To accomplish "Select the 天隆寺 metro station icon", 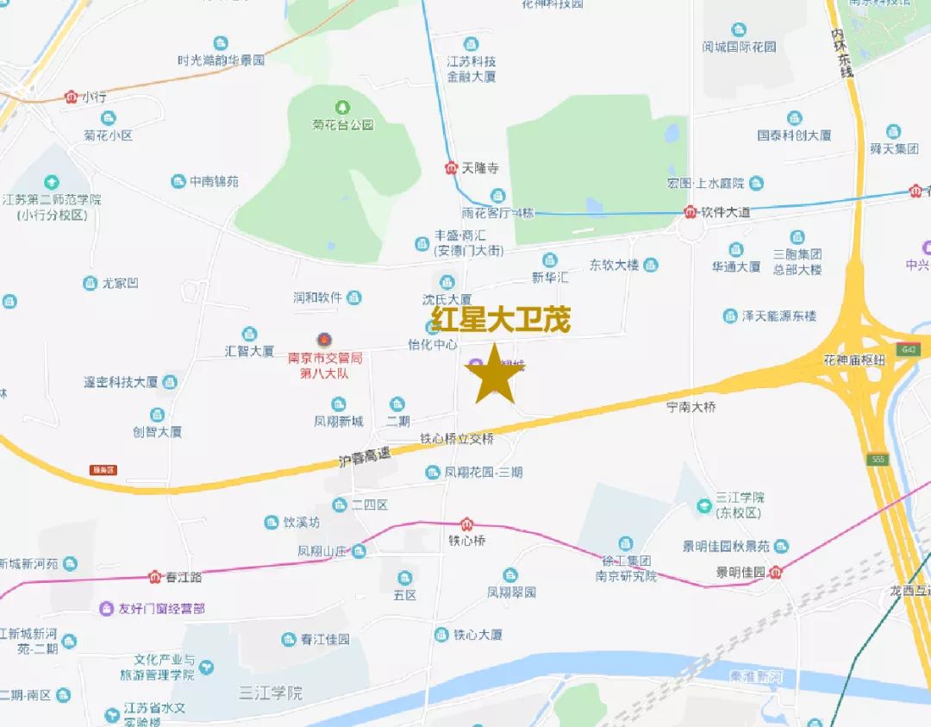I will pyautogui.click(x=452, y=169).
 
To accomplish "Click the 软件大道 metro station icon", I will pyautogui.click(x=690, y=211).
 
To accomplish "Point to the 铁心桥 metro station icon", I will pyautogui.click(x=466, y=523).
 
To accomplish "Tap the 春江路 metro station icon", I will pyautogui.click(x=155, y=576).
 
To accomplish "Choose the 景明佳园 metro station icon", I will pyautogui.click(x=777, y=571).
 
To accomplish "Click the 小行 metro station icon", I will pyautogui.click(x=72, y=97).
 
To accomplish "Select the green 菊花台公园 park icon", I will pyautogui.click(x=343, y=107).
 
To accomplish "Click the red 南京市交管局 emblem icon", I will pyautogui.click(x=323, y=340).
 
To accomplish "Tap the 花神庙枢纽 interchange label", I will pyautogui.click(x=854, y=360).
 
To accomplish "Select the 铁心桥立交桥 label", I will pyautogui.click(x=458, y=439).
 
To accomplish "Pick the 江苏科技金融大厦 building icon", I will pyautogui.click(x=471, y=44).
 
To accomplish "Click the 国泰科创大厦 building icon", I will pyautogui.click(x=794, y=118).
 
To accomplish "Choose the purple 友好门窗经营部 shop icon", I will pyautogui.click(x=106, y=608).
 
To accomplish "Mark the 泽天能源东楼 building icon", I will pyautogui.click(x=731, y=316).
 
